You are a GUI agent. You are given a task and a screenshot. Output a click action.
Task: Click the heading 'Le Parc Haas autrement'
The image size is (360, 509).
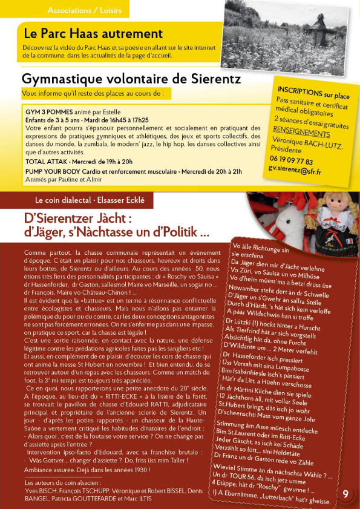point(93,34)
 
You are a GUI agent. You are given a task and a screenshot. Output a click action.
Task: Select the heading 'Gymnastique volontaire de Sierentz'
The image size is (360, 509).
point(131,79)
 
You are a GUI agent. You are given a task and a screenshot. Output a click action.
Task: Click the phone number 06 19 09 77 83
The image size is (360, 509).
point(291,162)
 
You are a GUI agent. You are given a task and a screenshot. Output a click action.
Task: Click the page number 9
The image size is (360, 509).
point(345,494)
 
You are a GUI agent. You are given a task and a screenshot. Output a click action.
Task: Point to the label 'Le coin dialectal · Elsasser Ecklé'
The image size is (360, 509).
point(90,200)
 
